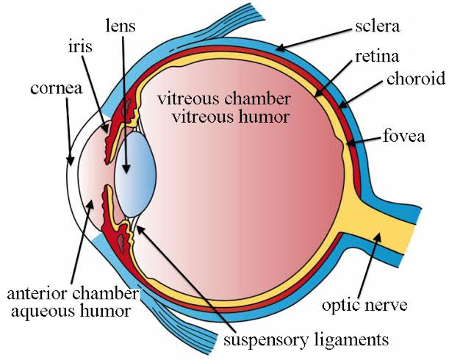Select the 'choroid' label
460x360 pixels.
[415, 79]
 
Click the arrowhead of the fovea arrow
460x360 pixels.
[351, 142]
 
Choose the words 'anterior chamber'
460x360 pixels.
[73, 295]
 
